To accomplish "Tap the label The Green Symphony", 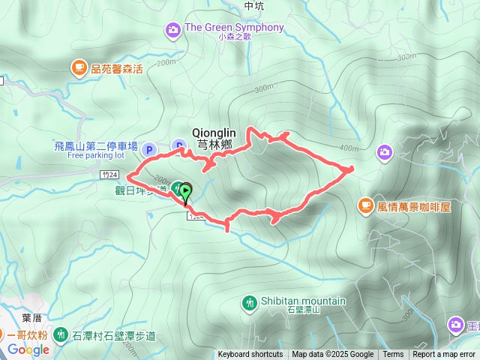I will point(234,28).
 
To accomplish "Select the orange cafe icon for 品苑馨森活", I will point(79,68).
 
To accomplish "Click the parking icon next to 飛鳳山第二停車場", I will point(148,149).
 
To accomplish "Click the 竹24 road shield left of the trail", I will point(109,174).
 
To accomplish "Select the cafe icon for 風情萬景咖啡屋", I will point(365,204).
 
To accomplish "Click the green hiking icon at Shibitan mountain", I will point(249,302).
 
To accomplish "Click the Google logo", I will point(28,349).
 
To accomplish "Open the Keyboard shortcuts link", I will point(250,355).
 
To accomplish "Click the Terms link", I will point(393,355).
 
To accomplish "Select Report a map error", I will point(445,355).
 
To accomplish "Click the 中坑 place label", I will point(254,5).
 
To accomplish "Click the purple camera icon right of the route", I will point(384,152).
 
